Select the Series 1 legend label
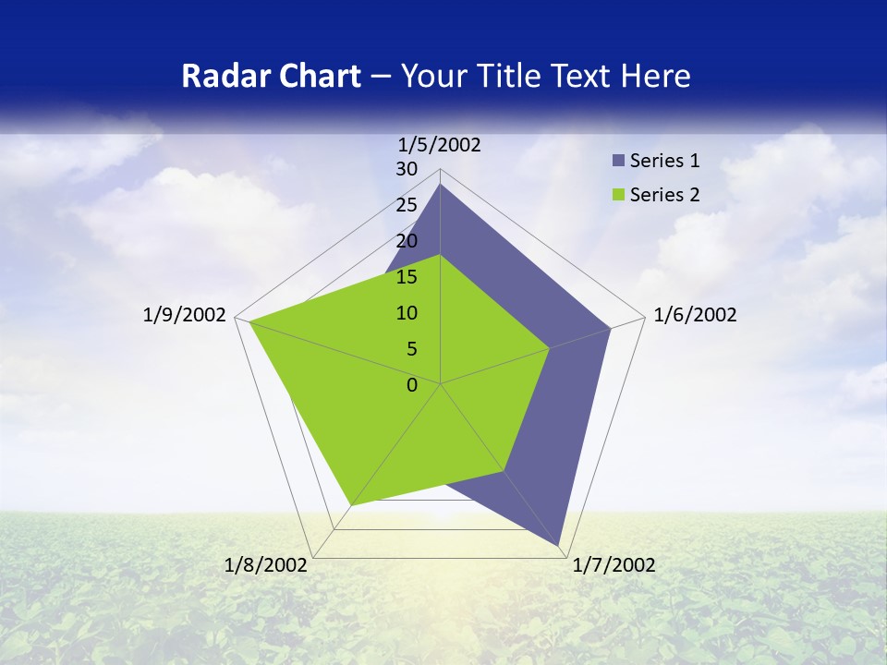coord(664,161)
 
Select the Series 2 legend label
coord(664,195)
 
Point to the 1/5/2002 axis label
coord(440,144)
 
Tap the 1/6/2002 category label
coord(695,315)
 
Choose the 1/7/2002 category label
coord(614,565)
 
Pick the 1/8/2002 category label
coord(266,565)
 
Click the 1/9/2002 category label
coord(185,315)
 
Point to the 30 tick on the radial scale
coord(407,169)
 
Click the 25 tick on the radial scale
coord(407,205)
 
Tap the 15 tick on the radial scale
coord(407,277)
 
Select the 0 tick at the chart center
coord(412,384)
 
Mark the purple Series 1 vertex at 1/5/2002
coord(441,185)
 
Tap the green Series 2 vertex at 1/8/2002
coord(352,504)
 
